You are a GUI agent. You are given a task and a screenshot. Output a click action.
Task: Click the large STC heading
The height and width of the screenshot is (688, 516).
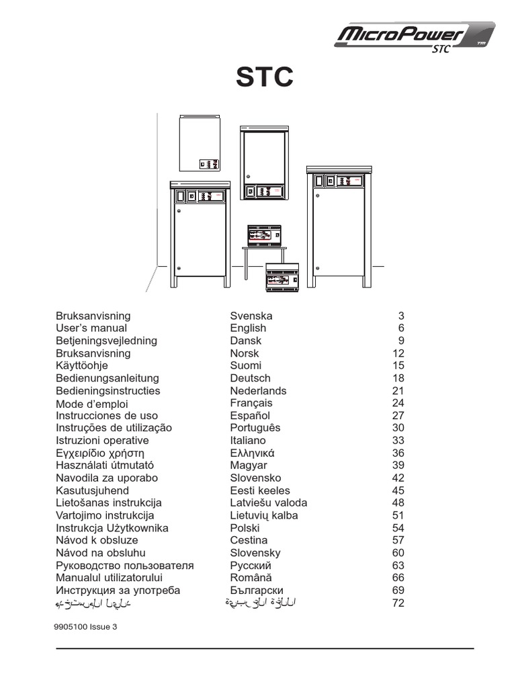264,78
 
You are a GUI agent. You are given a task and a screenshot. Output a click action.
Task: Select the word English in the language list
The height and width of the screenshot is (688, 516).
248,328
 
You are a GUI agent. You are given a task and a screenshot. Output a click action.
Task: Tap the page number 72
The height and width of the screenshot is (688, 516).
398,603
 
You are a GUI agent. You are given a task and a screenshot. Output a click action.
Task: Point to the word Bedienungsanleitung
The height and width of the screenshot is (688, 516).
107,378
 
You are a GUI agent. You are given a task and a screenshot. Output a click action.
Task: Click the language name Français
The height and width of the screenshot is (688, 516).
251,403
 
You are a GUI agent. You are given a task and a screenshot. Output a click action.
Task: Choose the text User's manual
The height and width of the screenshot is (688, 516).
91,328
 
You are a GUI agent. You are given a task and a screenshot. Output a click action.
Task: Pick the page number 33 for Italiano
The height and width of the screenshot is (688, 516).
398,441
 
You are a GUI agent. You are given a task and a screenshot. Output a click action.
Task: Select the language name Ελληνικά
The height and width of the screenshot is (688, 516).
253,453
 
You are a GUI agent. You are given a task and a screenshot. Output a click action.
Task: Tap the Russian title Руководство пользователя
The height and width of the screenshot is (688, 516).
125,566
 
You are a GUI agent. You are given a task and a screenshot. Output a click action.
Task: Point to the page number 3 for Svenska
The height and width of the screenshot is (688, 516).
401,316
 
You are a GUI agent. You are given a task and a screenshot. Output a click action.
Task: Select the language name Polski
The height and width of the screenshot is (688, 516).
245,528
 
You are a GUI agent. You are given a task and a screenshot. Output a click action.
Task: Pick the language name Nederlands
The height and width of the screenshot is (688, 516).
258,391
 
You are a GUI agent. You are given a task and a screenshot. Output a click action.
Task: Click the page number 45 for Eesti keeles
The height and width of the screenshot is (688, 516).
398,490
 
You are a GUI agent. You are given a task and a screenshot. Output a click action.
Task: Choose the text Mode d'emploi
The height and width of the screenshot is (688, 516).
92,404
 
